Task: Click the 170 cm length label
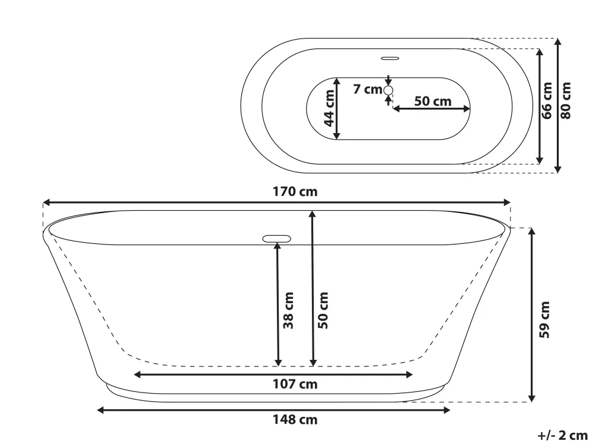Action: point(295,192)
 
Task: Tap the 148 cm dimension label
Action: point(295,420)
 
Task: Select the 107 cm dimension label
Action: point(295,384)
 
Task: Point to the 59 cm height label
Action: point(544,320)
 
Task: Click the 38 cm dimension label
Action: point(288,310)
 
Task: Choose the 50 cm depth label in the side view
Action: point(323,310)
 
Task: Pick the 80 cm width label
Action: point(566,101)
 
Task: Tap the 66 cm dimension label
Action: point(547,101)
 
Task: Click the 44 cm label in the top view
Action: point(329,108)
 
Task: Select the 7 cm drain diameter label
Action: point(368,89)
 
